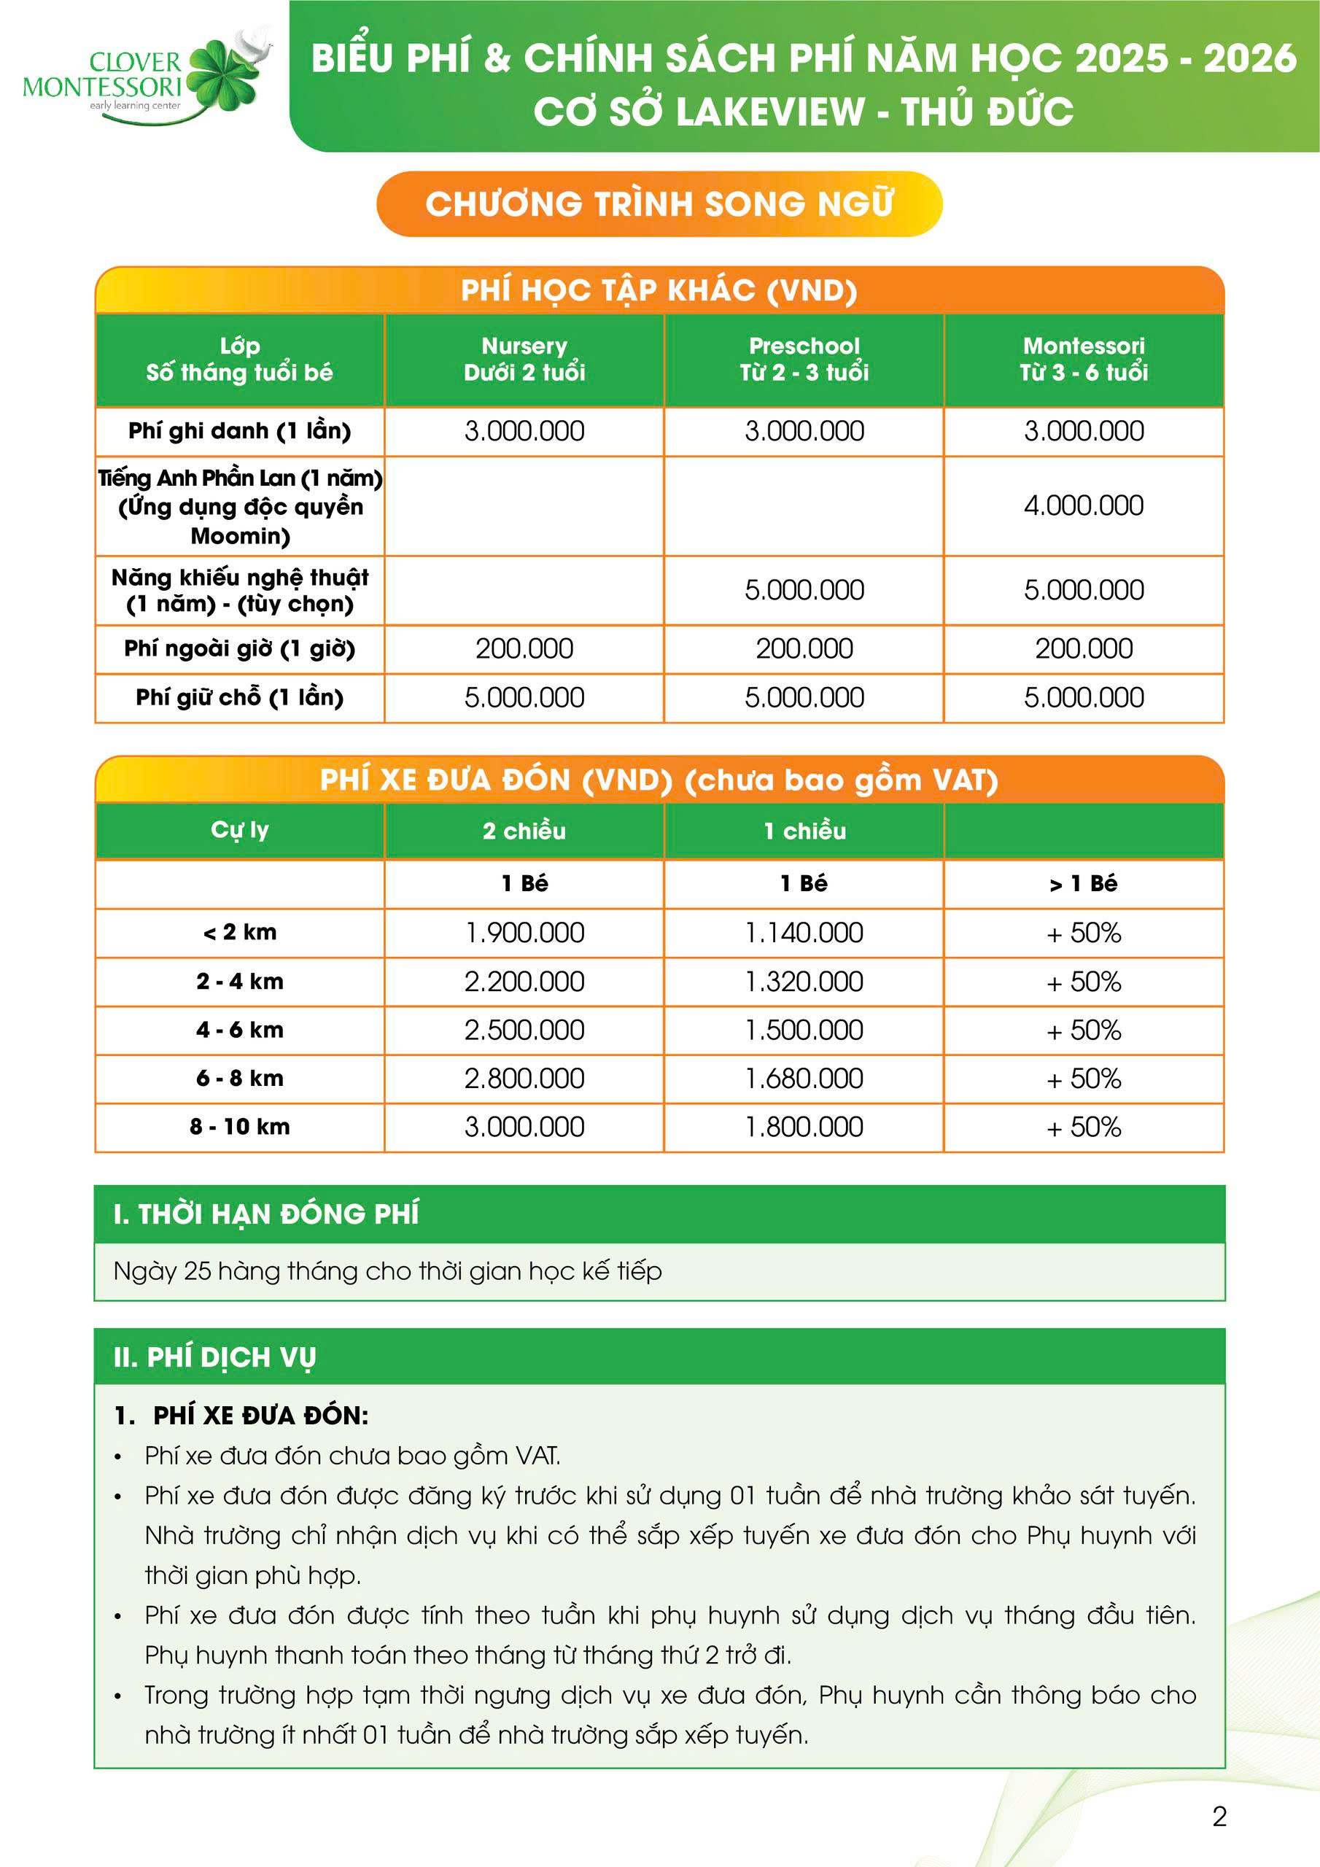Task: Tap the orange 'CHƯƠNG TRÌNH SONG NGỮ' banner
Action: [x=659, y=204]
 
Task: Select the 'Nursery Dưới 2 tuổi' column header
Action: [x=524, y=360]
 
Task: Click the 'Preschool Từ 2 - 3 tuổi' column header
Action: [x=804, y=360]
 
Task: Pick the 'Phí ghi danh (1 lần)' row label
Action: [x=239, y=431]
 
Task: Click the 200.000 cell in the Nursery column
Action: [x=524, y=649]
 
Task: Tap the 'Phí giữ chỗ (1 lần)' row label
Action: [x=239, y=698]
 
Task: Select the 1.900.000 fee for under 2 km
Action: [x=524, y=933]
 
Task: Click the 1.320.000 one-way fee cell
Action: [x=804, y=982]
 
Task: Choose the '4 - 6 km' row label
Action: [x=239, y=1030]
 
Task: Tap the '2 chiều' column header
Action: [x=524, y=831]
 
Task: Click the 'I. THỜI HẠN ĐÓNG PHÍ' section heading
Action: [x=266, y=1214]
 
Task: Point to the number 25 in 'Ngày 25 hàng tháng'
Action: [x=198, y=1271]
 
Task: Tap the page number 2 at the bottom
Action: [x=1219, y=1817]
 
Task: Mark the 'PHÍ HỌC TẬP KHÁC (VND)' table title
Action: [x=659, y=290]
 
